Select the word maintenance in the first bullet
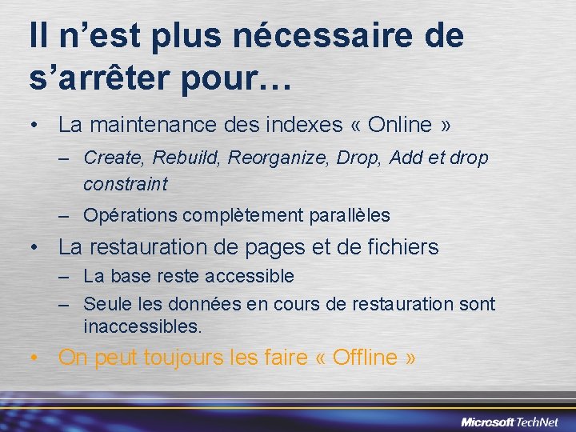tap(141, 126)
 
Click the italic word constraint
tap(126, 184)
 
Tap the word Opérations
tap(130, 215)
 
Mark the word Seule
tap(105, 304)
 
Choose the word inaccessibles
tap(142, 326)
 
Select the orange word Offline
tap(363, 358)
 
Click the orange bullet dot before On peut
tap(34, 358)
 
